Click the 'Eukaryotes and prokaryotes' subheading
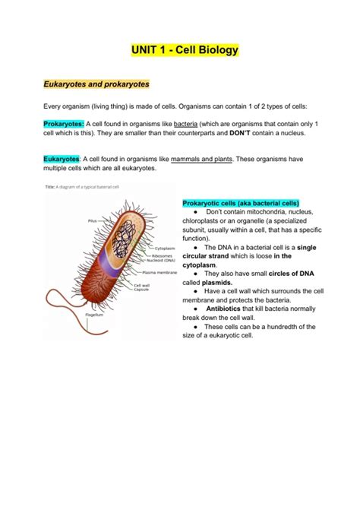click(x=96, y=83)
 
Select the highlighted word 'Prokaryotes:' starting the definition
click(x=63, y=123)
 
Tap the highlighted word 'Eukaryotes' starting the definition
click(x=62, y=159)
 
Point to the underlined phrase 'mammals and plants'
click(x=203, y=159)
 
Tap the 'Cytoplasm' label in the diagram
click(x=166, y=249)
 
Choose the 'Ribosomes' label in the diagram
click(x=166, y=255)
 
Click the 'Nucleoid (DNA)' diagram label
click(x=169, y=261)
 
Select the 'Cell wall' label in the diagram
click(x=142, y=285)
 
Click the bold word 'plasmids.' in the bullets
click(x=219, y=281)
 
